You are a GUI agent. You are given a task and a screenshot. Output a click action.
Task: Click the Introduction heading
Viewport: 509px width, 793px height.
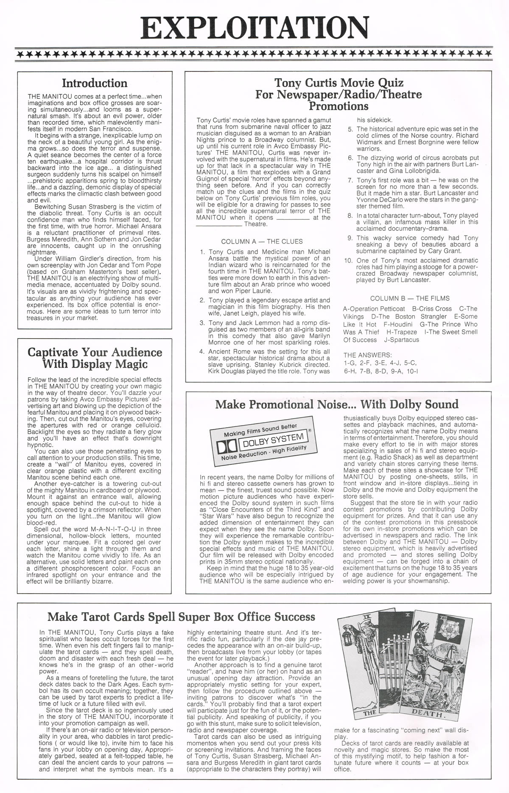(x=95, y=83)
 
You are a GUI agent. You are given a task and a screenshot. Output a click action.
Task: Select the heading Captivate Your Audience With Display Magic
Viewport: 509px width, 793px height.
(x=95, y=358)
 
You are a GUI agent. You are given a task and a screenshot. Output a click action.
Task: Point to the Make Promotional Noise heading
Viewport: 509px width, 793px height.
(x=337, y=404)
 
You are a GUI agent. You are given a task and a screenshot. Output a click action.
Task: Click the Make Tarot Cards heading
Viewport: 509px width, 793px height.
(x=181, y=616)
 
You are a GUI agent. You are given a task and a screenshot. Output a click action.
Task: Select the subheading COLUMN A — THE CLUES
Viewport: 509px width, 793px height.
(x=262, y=241)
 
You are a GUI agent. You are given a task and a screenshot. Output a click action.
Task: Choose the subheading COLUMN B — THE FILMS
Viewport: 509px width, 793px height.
(x=410, y=298)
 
